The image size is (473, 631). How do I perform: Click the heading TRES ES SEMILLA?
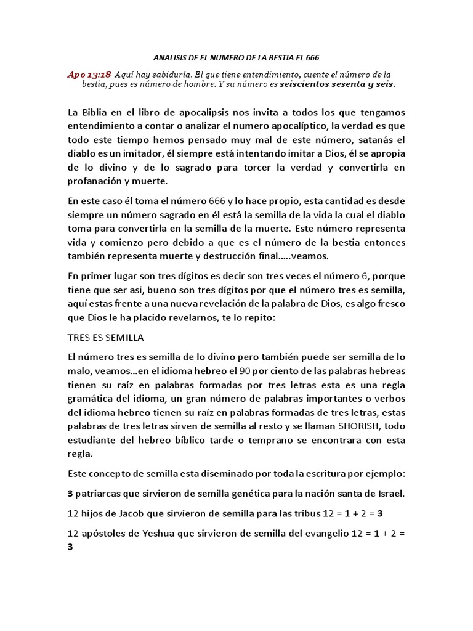click(105, 338)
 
